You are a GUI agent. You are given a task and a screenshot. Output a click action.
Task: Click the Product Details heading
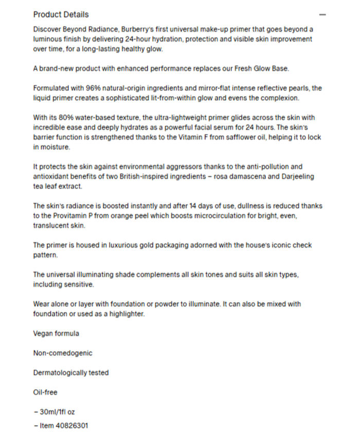tap(61, 14)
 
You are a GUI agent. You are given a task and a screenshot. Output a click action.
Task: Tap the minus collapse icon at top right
tap(322, 15)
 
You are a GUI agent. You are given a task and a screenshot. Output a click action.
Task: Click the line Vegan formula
tap(56, 333)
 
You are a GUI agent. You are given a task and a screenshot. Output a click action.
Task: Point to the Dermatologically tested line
tap(71, 373)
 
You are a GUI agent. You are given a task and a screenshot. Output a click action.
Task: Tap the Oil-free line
tap(45, 392)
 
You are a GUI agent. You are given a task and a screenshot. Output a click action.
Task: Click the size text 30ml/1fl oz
tap(57, 412)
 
